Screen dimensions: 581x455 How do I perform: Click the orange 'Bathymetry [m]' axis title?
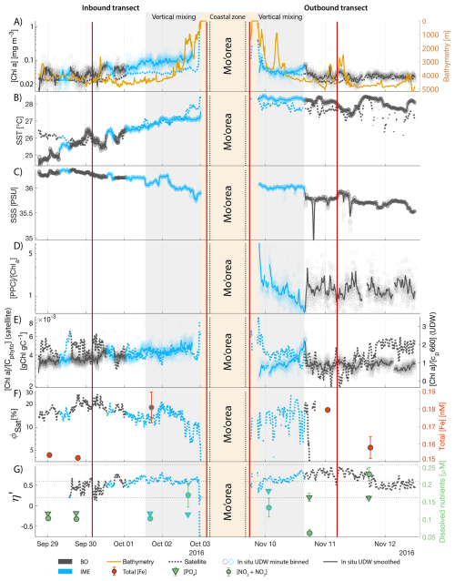pyautogui.click(x=450, y=55)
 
